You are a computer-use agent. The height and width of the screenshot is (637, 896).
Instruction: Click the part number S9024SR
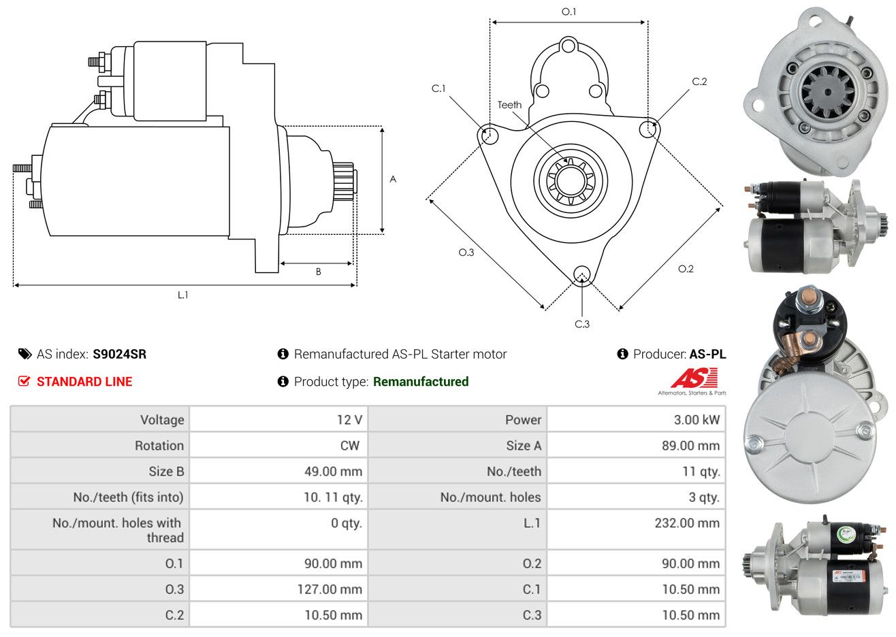[120, 355]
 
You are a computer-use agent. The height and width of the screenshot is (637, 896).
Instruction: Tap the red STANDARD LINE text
[84, 382]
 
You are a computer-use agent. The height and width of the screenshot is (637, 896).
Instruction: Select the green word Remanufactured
[421, 382]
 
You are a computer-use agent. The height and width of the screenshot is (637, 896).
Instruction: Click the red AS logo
[694, 378]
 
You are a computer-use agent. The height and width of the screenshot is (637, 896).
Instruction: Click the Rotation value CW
[349, 446]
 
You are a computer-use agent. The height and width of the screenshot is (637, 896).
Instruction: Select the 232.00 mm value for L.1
[687, 523]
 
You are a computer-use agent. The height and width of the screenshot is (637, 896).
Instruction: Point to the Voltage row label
[162, 420]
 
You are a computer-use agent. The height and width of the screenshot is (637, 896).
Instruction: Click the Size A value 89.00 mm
[691, 446]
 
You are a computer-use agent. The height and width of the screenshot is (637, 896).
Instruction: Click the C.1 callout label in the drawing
[438, 88]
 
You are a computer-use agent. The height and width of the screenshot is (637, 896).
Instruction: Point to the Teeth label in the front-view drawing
[509, 105]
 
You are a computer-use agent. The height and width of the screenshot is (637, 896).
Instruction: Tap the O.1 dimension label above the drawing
[569, 12]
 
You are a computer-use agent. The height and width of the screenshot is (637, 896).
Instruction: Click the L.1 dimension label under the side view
[182, 295]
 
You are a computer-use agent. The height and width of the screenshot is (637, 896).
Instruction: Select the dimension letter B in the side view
[319, 272]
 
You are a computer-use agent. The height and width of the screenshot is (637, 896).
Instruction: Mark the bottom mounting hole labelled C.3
[581, 276]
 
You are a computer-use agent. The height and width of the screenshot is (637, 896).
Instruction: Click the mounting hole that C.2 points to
[648, 129]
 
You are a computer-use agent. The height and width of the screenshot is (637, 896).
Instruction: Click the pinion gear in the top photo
[828, 93]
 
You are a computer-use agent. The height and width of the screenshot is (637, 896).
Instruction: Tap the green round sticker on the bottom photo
[846, 534]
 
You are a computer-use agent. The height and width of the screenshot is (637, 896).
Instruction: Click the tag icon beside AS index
[25, 355]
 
